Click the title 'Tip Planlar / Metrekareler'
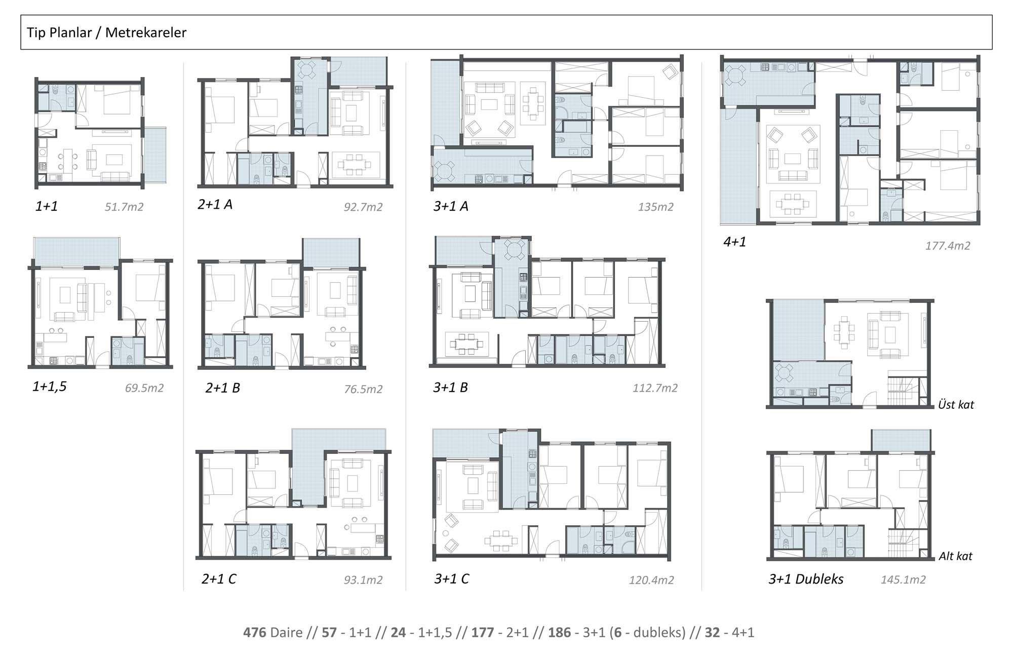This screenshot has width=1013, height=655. pos(106,32)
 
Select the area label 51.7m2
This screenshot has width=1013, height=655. pos(124,207)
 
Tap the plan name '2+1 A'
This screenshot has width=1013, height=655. pos(215,204)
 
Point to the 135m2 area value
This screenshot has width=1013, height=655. pos(656,207)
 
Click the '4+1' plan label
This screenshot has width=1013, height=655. pos(734,242)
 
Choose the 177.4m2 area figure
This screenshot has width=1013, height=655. pos(948,246)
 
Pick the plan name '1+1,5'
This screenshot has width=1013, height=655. pos(50,387)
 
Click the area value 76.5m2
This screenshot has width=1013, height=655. pos(363,389)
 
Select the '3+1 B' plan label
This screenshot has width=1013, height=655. pos(450,388)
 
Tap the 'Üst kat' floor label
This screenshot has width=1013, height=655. pos(956,404)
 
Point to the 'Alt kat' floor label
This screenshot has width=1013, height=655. pos(955,556)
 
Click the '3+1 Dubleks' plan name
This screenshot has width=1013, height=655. pos(806,579)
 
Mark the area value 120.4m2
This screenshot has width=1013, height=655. pos(651,580)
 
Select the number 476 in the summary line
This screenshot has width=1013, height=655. pos(255,632)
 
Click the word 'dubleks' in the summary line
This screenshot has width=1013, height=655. pos(659,632)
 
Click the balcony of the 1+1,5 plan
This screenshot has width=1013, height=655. pos(77,251)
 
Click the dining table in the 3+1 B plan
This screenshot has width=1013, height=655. pos(466,344)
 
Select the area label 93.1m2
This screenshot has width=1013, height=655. pos(363,580)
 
